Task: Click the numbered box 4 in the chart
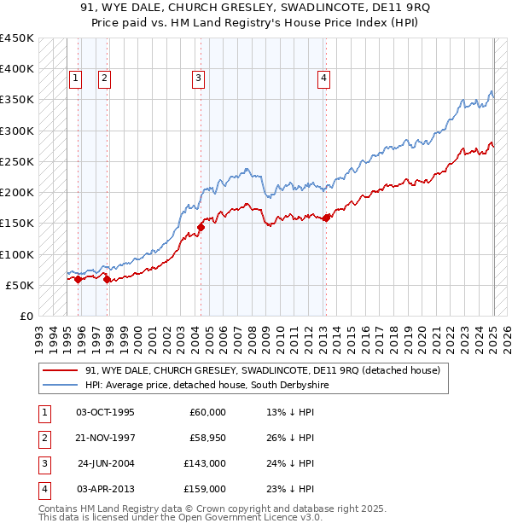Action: tap(324, 79)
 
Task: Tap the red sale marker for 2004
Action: tap(201, 227)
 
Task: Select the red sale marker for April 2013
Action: tap(327, 217)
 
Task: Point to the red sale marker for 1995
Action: tap(78, 279)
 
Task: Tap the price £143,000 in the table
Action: tap(206, 463)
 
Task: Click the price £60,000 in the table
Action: tap(208, 412)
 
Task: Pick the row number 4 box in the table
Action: tap(43, 489)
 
